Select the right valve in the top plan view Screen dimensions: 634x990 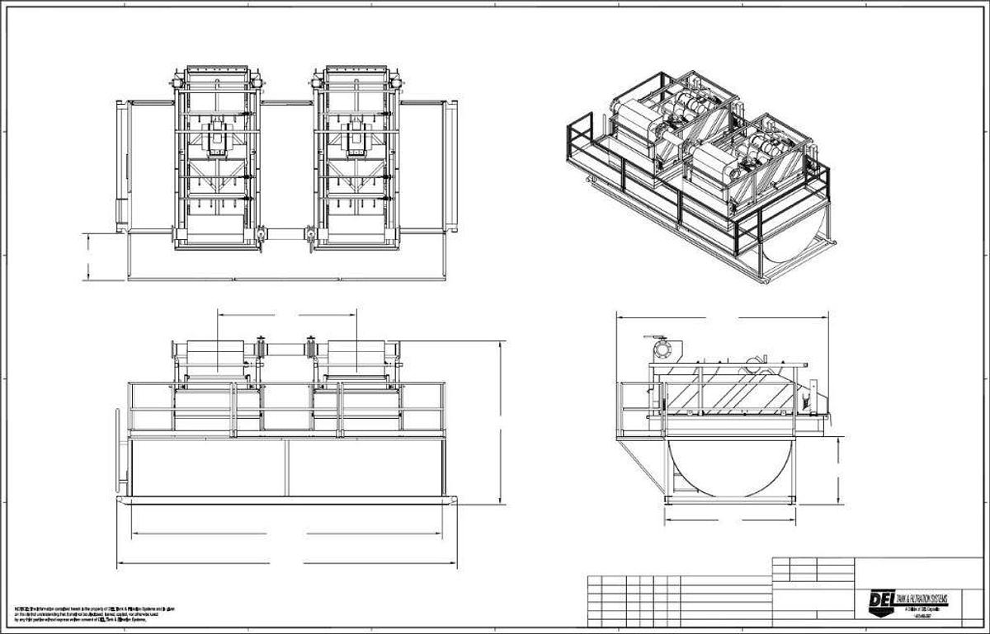309,237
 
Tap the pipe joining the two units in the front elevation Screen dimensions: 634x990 285,350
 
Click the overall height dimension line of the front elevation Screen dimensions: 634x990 501,420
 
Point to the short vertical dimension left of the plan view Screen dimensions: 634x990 88,256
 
